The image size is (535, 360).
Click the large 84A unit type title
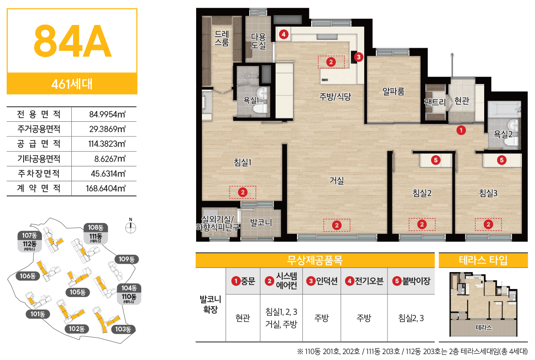[72, 41]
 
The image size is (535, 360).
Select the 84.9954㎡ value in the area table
[107, 114]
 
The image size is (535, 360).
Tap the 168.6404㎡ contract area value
[106, 188]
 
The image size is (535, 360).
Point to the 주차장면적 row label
[39, 174]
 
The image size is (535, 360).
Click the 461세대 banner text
[72, 84]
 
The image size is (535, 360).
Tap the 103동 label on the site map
[123, 329]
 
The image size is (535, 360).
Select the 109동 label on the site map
[127, 259]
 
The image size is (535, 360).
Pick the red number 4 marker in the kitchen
[284, 34]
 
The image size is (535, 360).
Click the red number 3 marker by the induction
[358, 57]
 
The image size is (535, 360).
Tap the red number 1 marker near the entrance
[461, 130]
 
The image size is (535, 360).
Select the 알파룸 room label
[393, 91]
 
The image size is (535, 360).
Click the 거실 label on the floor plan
[337, 180]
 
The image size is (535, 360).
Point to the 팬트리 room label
[435, 102]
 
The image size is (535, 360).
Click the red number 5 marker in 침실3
[502, 160]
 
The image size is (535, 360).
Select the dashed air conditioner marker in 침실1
[243, 192]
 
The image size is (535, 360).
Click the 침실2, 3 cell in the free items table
[411, 318]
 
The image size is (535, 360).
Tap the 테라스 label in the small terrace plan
[484, 327]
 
